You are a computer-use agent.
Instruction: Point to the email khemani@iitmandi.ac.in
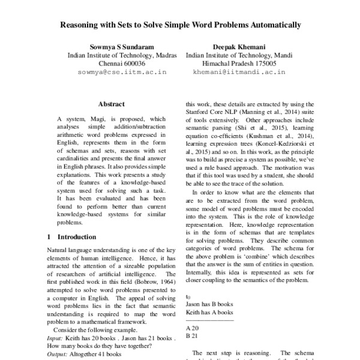239,71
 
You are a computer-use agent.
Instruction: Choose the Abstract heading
112,103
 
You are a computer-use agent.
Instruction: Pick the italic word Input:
55,338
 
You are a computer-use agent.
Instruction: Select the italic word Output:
57,354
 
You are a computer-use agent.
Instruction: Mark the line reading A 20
193,329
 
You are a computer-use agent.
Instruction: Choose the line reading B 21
193,337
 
